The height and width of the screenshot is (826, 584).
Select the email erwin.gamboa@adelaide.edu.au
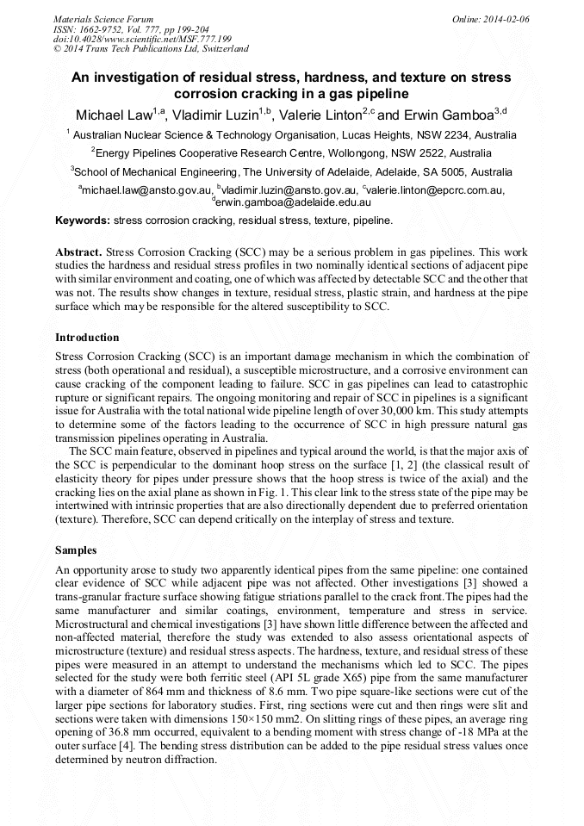(293, 202)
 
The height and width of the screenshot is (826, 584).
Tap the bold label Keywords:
(83, 220)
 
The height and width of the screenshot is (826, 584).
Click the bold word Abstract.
(79, 252)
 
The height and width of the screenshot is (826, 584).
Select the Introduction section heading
(87, 337)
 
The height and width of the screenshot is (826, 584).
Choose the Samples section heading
(76, 549)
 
